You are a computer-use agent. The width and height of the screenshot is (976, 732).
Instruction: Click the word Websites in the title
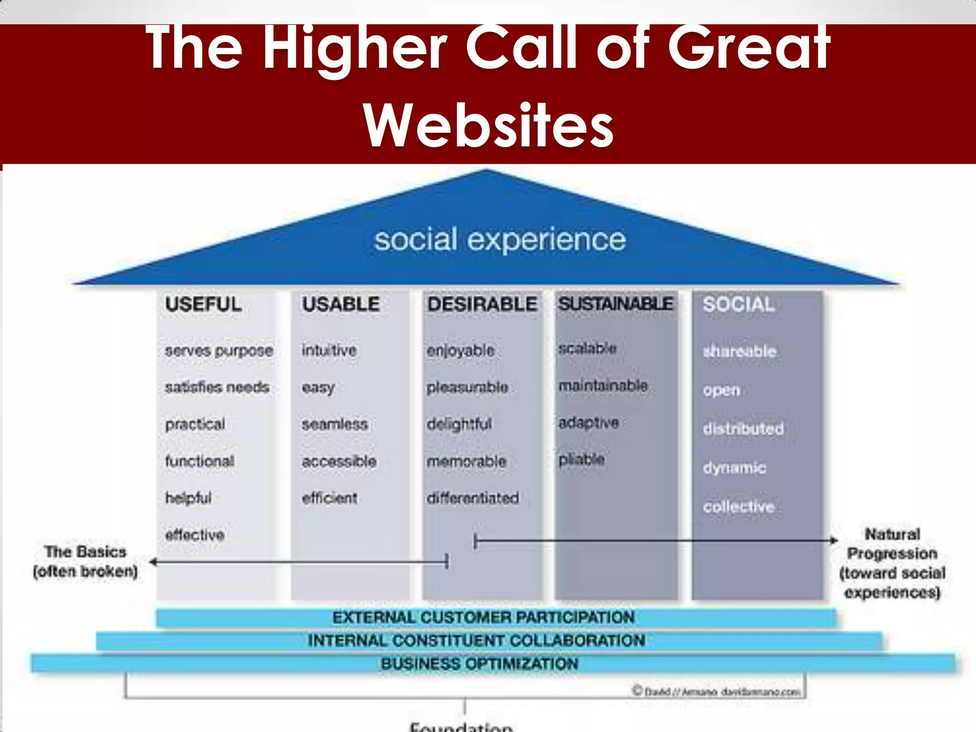[488, 126]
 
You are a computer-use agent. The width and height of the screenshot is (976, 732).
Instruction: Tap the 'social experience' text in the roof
[499, 239]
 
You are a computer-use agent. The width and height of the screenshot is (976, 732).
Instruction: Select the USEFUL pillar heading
[203, 305]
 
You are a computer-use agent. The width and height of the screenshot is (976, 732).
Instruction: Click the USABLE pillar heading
[341, 305]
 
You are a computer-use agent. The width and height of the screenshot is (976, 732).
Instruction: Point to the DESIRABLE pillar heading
[482, 305]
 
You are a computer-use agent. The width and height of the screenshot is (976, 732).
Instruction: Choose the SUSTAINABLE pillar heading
[616, 304]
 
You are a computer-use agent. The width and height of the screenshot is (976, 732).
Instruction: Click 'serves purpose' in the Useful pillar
[219, 351]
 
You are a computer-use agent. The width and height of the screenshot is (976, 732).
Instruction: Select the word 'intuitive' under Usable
[329, 350]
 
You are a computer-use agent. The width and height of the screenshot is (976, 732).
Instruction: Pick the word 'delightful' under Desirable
[459, 424]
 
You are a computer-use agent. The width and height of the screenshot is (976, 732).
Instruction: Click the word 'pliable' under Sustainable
[581, 459]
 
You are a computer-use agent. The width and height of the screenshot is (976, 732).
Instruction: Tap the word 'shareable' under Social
[740, 352]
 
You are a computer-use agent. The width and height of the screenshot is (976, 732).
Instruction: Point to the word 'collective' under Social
[738, 507]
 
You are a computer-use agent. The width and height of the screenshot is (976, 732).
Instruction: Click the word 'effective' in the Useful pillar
[194, 535]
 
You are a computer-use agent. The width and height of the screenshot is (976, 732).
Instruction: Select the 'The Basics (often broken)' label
[85, 561]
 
